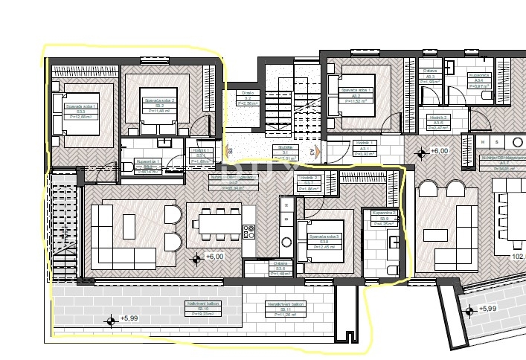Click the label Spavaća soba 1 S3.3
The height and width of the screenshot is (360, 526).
(x=67, y=112)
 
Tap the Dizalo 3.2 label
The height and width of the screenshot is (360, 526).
(x=248, y=97)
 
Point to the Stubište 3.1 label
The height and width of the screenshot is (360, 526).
(x=286, y=153)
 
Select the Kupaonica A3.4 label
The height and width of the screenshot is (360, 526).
(x=478, y=80)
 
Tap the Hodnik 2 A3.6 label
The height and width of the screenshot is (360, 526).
(x=438, y=123)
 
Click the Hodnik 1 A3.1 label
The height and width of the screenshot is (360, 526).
(x=368, y=147)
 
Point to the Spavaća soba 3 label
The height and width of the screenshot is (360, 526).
(x=320, y=241)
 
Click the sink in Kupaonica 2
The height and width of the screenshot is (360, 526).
(x=394, y=241)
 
